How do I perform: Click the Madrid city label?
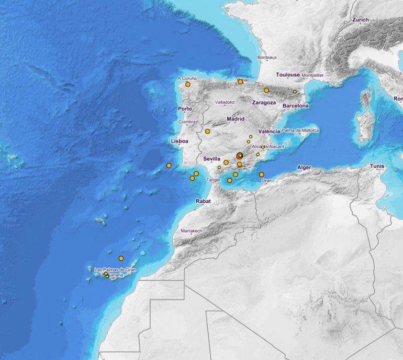[236, 119]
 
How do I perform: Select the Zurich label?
[361, 20]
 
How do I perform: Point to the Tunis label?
[377, 166]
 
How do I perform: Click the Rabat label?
[203, 201]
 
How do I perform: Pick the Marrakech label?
[191, 231]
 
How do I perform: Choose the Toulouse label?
[288, 75]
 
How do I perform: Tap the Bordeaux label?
[267, 57]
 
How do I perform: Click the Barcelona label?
[296, 106]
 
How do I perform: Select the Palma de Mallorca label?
[300, 130]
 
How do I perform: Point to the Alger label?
[304, 168]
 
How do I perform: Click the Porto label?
[185, 109]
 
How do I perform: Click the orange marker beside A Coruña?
[187, 84]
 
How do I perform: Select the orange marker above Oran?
[262, 174]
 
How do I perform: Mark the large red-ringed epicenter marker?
[239, 156]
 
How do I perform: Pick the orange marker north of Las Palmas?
[121, 258]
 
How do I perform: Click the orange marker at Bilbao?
[240, 82]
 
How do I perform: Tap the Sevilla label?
[211, 158]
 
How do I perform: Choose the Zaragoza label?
[264, 103]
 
